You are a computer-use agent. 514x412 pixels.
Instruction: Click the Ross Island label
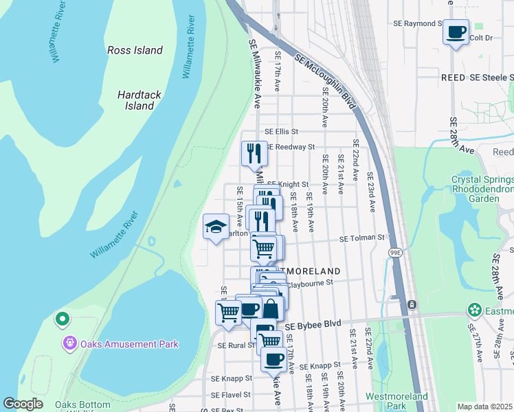click(135, 50)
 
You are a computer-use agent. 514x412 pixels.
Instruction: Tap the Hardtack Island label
click(139, 100)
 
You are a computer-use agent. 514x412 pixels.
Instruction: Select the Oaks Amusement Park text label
click(130, 344)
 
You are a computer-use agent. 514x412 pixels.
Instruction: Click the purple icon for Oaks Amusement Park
click(69, 344)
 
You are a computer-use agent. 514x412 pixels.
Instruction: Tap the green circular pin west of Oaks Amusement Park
click(62, 318)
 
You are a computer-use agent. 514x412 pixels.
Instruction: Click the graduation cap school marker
click(216, 225)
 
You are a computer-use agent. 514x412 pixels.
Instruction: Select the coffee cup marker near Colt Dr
click(456, 32)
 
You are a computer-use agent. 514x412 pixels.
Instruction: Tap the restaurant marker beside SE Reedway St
click(254, 152)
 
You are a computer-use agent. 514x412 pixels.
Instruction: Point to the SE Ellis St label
click(282, 131)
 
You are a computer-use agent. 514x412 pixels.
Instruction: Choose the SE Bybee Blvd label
click(313, 324)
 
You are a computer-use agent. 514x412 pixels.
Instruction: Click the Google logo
click(23, 404)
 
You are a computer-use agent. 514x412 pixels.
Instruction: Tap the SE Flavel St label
click(230, 396)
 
